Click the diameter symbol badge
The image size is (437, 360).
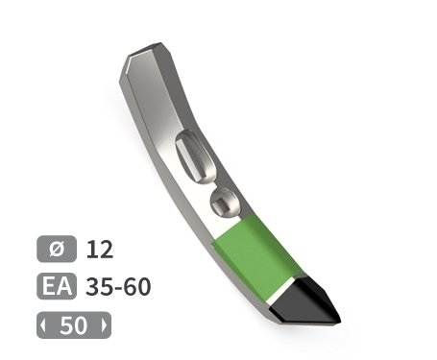click(x=56, y=250)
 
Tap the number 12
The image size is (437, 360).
click(x=100, y=250)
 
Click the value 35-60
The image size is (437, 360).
click(x=118, y=287)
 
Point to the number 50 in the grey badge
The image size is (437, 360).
click(x=73, y=325)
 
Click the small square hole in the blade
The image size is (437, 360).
click(x=223, y=203)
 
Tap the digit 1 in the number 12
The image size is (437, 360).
click(x=92, y=250)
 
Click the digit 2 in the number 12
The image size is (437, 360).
click(x=106, y=250)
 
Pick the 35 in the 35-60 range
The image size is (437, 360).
click(x=97, y=287)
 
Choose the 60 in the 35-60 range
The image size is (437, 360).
click(x=138, y=287)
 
